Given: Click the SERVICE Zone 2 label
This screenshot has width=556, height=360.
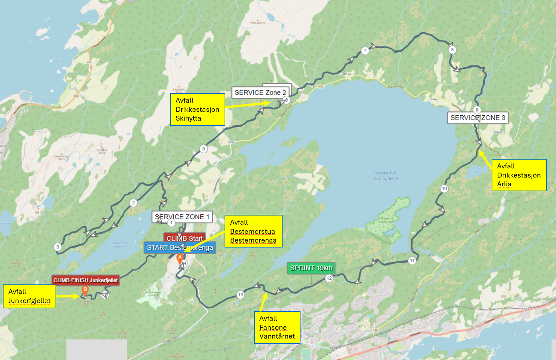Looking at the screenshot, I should click(x=260, y=92).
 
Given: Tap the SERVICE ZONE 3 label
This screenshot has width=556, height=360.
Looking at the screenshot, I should click(x=478, y=118).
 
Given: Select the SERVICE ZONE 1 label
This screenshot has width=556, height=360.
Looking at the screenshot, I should click(x=182, y=217).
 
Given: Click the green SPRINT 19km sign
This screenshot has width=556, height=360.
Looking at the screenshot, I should click(x=311, y=268).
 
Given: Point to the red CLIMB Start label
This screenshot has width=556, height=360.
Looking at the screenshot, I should click(x=185, y=238).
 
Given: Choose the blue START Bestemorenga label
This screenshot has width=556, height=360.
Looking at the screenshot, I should click(x=180, y=247).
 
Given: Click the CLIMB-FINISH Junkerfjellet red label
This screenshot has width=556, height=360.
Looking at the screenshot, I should click(x=85, y=280).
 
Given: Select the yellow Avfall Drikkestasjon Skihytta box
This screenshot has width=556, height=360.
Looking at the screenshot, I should click(x=198, y=109).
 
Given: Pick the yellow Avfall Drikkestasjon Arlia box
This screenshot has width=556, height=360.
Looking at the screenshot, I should click(x=519, y=175).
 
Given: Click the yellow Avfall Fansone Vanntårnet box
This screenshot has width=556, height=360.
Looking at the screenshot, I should click(x=277, y=327).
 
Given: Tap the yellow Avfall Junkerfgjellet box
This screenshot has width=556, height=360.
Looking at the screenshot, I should click(x=30, y=296).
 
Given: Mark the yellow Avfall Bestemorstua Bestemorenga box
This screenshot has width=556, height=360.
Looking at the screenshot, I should click(x=253, y=231).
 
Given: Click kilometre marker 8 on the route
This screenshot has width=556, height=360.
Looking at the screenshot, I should click(x=452, y=50).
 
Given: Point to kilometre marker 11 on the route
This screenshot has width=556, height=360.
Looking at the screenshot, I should click(x=412, y=261).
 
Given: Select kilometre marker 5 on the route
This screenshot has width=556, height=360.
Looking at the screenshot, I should click(x=203, y=149).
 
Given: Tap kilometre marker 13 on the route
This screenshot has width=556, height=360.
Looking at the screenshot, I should click(x=240, y=295).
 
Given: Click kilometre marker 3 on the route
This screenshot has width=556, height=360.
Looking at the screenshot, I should click(x=58, y=247).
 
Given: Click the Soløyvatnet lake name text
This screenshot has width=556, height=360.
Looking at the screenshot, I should click(x=385, y=175).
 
